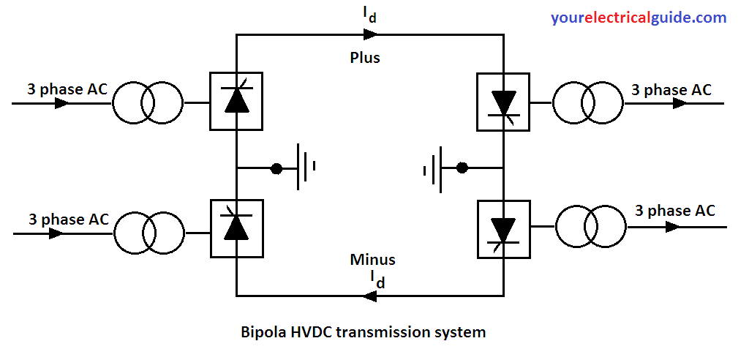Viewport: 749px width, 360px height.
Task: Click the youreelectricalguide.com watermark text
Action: pos(639,18)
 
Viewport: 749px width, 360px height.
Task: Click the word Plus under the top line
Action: pos(365,57)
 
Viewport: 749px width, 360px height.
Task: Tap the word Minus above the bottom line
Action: pos(372,259)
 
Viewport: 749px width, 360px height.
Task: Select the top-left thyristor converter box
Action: pos(236,101)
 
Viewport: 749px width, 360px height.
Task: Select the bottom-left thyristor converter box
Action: pos(236,228)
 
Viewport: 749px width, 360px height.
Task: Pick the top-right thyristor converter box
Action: pos(503,102)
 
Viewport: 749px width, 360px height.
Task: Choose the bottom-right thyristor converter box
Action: pos(503,228)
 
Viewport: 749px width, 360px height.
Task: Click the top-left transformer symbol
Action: pos(147,102)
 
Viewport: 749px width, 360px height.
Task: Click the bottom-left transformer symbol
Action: pos(148,233)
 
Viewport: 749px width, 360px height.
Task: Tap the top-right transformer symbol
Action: pos(587,103)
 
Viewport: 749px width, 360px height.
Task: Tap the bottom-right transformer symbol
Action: pos(590,226)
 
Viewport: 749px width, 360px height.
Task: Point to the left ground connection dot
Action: pos(276,168)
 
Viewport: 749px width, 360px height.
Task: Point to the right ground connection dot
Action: pos(462,168)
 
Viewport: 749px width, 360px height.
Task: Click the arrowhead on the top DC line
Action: pos(367,34)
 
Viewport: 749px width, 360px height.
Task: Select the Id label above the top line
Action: pos(370,14)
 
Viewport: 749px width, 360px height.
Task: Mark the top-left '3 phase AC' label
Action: pos(67,89)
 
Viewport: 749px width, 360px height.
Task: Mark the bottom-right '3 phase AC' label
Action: pos(674,211)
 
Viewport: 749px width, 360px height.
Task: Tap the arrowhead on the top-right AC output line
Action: pos(680,103)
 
